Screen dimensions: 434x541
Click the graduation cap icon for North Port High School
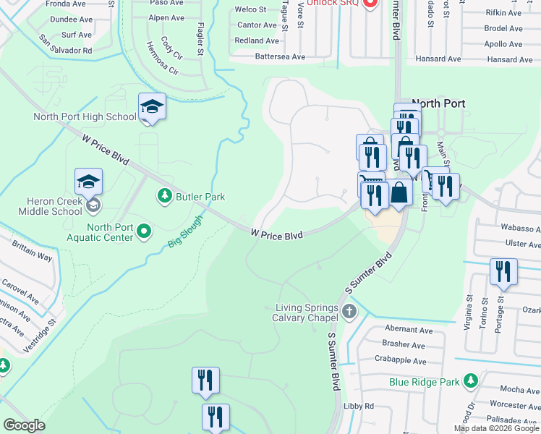pyautogui.click(x=153, y=107)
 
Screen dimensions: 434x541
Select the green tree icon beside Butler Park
pyautogui.click(x=165, y=196)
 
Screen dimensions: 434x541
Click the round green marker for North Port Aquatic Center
pyautogui.click(x=145, y=231)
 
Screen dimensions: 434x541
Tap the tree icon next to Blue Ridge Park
pyautogui.click(x=471, y=380)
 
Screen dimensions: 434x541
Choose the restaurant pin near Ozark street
pyautogui.click(x=503, y=272)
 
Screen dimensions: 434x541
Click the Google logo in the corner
pyautogui.click(x=24, y=425)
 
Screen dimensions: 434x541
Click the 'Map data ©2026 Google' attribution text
pyautogui.click(x=497, y=428)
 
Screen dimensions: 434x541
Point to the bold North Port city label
pyautogui.click(x=438, y=103)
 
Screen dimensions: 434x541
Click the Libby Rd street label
pyautogui.click(x=359, y=407)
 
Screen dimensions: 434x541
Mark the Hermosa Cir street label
pyautogui.click(x=162, y=62)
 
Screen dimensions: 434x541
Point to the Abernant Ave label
pyautogui.click(x=409, y=330)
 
